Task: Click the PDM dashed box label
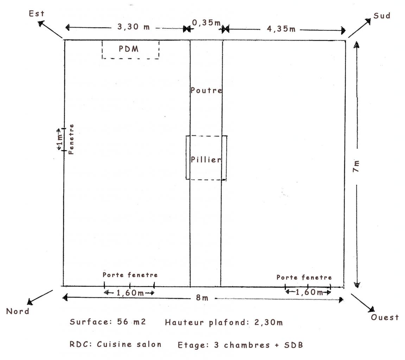coord(129,49)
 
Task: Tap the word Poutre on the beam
coord(206,90)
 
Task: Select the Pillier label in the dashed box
coord(206,160)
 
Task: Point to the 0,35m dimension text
coord(206,23)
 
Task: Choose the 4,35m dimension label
coord(281,29)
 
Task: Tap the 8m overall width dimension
coord(202,298)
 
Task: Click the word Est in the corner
coord(37,14)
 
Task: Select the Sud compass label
coord(382,16)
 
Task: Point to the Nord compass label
coord(18,311)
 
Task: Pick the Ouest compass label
coord(385,317)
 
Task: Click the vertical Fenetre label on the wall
coord(71,139)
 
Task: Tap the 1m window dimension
coord(60,140)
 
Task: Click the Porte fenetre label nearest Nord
coord(130,275)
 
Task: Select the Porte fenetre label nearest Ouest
coord(304,277)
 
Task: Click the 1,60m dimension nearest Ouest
coord(308,292)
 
